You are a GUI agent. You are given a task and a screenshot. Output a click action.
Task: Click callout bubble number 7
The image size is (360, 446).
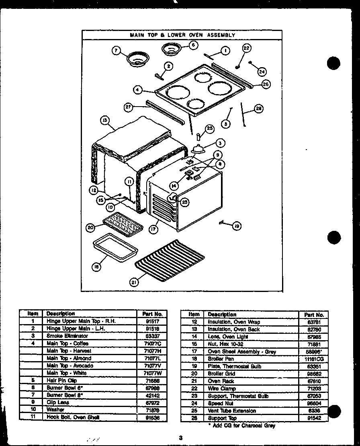[x=116, y=51]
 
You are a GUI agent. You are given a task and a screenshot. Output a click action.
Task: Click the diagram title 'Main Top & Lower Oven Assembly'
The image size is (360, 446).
[x=182, y=35]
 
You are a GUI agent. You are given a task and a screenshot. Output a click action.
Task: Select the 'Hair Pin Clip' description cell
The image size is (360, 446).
[x=62, y=380]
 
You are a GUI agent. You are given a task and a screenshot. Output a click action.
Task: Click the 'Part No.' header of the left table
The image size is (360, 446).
[x=152, y=314]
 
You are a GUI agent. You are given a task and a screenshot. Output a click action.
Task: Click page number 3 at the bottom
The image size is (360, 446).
[x=181, y=438]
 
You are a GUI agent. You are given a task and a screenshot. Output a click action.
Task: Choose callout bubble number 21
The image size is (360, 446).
[x=133, y=282]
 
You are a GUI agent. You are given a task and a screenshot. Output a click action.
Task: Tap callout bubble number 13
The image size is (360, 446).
[x=104, y=120]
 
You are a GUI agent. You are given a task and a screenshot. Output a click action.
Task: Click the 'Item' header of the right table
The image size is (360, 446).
[x=194, y=314]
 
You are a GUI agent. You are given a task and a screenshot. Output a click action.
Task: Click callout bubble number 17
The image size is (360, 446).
[x=153, y=229]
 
